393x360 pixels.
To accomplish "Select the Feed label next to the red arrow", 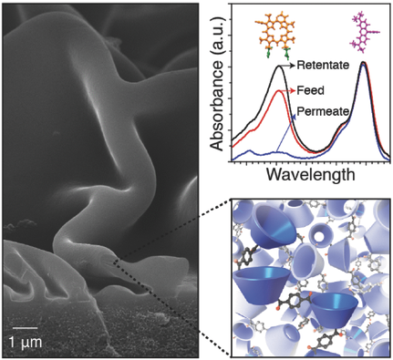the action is (318, 91).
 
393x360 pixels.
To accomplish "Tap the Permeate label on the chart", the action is (328, 114).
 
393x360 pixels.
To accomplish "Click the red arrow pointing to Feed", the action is (293, 91).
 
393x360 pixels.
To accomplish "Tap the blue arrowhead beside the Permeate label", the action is (295, 118).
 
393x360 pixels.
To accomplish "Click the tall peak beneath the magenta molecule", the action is (363, 63).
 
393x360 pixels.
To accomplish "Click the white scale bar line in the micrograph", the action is (26, 326).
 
